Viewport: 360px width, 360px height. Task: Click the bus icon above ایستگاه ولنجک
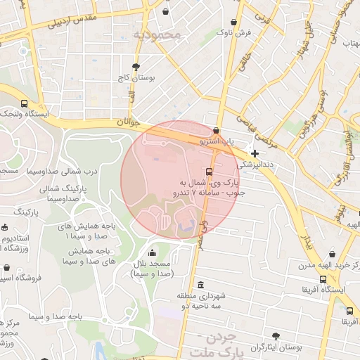pyautogui.click(x=25, y=103)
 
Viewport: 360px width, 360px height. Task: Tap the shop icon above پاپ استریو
pyautogui.click(x=215, y=131)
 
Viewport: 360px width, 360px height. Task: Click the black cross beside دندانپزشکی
pyautogui.click(x=255, y=153)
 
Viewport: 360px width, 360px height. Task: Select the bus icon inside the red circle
pyautogui.click(x=209, y=172)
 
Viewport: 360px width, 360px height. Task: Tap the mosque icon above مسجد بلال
pyautogui.click(x=153, y=253)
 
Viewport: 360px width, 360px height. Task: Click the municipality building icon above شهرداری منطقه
pyautogui.click(x=201, y=285)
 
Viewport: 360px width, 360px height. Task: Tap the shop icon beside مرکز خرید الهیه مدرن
pyautogui.click(x=356, y=264)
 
